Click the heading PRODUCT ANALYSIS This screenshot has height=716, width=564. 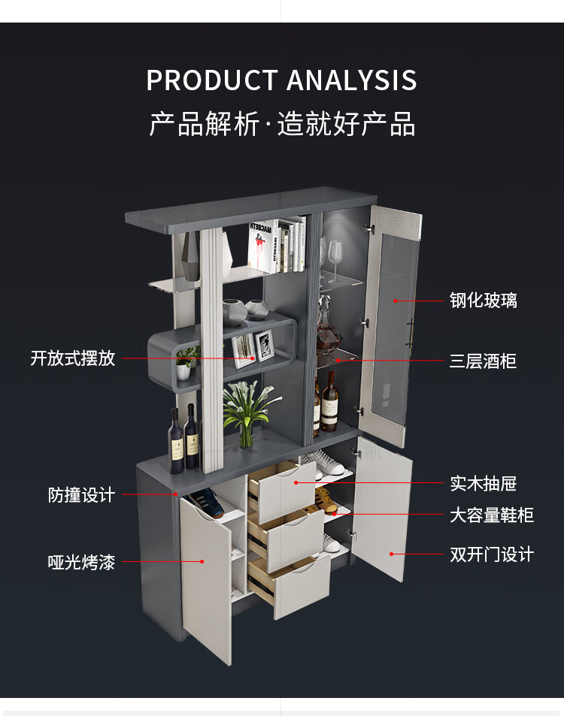[x=281, y=80]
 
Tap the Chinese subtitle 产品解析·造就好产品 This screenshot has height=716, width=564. [x=281, y=124]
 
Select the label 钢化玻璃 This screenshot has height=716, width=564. [x=484, y=301]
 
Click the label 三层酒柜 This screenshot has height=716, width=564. [x=484, y=361]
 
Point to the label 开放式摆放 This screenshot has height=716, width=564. [x=73, y=358]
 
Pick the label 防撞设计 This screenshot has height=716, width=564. [x=82, y=495]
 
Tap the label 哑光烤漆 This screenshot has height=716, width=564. [x=82, y=562]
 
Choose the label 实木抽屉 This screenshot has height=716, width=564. [x=484, y=484]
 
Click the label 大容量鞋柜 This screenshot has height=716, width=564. [x=492, y=515]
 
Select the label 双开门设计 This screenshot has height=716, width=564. [x=492, y=554]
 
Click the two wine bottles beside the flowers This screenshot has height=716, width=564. [x=183, y=440]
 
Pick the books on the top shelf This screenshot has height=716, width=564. [x=277, y=245]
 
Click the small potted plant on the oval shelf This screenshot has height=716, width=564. [x=184, y=365]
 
